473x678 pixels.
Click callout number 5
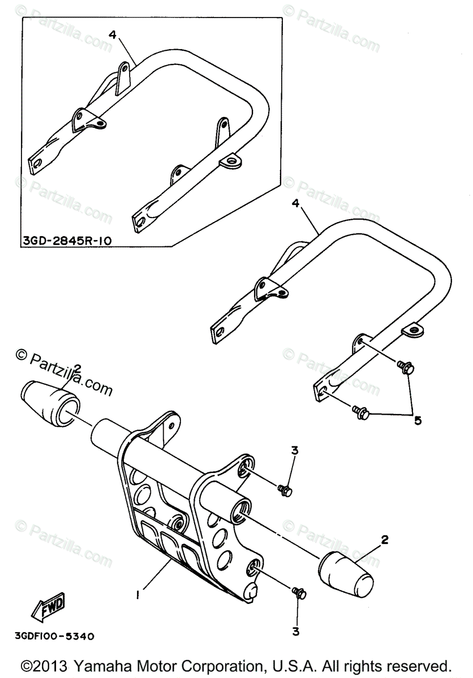click(418, 421)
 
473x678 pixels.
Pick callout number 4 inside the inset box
click(112, 34)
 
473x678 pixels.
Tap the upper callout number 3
click(294, 450)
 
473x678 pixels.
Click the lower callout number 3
click(296, 630)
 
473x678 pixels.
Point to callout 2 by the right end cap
click(384, 540)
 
